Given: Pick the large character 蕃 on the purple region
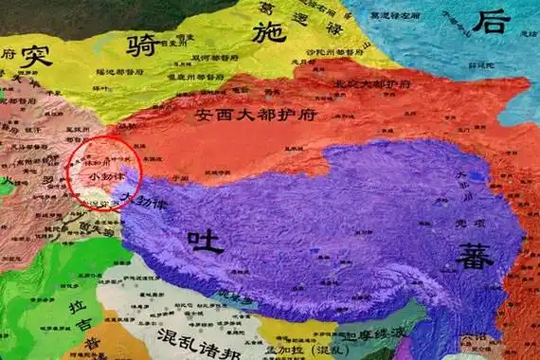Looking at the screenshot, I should pos(474,253).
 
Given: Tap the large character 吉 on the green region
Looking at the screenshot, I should pos(86,335).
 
